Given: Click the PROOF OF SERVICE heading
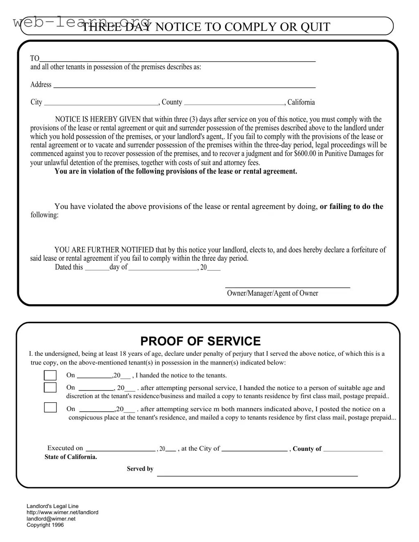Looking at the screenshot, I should (x=200, y=341).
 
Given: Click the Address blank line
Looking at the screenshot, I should (x=184, y=87).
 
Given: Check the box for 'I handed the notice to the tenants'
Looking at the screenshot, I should (x=50, y=375).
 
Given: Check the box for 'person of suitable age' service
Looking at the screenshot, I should (x=50, y=388).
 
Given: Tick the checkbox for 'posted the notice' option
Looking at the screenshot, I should (x=50, y=408).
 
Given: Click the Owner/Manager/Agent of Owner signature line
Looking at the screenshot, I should (x=288, y=288).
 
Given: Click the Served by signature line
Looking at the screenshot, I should (x=257, y=475).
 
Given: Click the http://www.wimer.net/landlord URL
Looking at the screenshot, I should (x=62, y=513).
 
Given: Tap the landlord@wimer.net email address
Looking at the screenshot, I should (x=51, y=519).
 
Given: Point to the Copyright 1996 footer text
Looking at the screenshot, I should (x=45, y=525).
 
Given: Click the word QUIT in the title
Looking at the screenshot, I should (x=315, y=27).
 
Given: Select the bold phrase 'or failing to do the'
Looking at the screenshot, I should (x=351, y=207).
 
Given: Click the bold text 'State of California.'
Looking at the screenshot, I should (x=71, y=457).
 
